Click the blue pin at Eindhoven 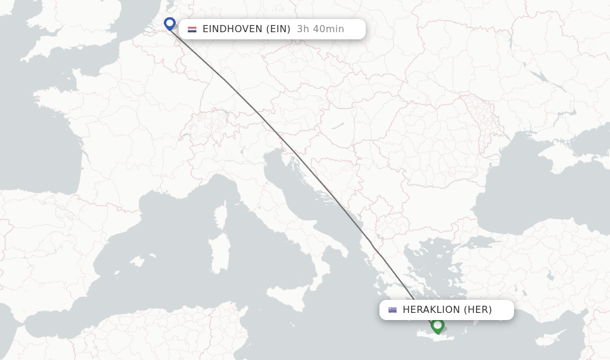tap(170, 23)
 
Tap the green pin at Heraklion tap(438, 325)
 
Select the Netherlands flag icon tap(192, 29)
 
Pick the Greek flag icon tap(392, 310)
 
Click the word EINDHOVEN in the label tap(231, 29)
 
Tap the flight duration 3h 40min tap(320, 29)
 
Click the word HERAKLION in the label tap(431, 310)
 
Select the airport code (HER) tap(478, 310)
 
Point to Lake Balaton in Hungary tap(337, 127)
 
